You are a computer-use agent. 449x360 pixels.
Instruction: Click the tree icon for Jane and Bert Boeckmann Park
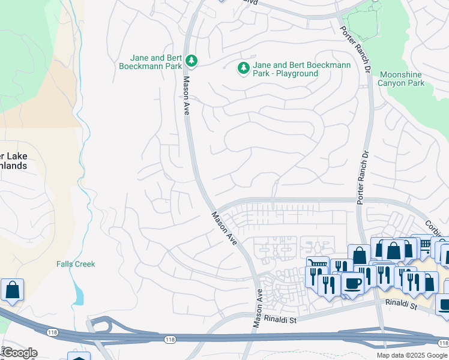[191, 61]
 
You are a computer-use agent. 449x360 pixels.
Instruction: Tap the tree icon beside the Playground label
[244, 69]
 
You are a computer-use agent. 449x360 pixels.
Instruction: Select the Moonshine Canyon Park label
[401, 79]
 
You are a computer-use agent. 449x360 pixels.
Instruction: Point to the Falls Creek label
[76, 264]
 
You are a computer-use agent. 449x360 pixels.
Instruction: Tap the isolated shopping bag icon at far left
[12, 290]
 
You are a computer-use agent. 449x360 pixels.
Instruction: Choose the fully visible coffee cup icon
[353, 284]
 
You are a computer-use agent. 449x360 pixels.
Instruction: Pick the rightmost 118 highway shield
[443, 343]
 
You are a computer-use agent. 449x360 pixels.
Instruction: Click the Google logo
[19, 353]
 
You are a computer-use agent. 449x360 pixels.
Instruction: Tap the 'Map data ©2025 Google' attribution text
[411, 355]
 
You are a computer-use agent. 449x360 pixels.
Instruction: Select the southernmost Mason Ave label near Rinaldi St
[258, 308]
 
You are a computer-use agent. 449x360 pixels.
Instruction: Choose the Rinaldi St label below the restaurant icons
[400, 305]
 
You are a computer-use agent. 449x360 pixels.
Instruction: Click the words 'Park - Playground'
[285, 73]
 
